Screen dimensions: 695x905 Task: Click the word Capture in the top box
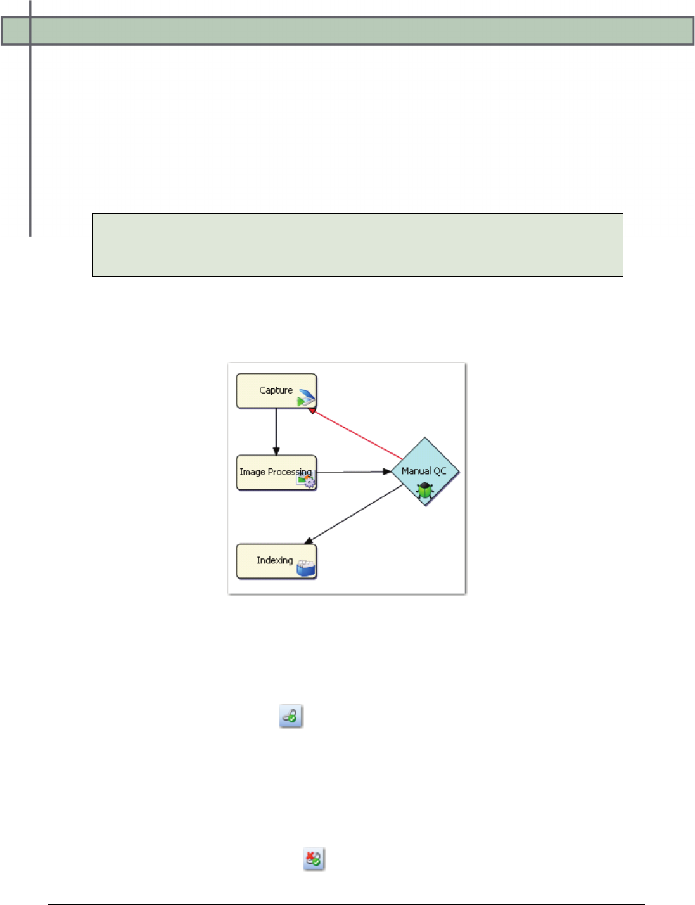pos(276,390)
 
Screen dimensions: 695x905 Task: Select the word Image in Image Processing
pos(252,472)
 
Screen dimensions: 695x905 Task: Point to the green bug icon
pos(424,489)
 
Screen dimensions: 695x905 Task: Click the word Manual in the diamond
pos(416,471)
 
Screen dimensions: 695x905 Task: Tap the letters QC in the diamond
pos(440,471)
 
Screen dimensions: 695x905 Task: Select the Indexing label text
pos(274,560)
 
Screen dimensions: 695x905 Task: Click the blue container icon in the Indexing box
pos(306,568)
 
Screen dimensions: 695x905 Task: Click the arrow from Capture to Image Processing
pos(276,431)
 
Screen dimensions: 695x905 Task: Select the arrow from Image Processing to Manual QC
pos(352,472)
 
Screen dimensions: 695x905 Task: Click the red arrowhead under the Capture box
pos(312,411)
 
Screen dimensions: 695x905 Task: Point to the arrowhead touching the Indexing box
pos(309,541)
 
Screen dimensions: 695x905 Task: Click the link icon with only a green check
pos(291,716)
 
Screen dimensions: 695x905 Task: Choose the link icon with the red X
pos(314,859)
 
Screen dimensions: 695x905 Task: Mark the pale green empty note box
pos(357,245)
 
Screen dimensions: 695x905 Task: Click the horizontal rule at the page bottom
pos(347,904)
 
